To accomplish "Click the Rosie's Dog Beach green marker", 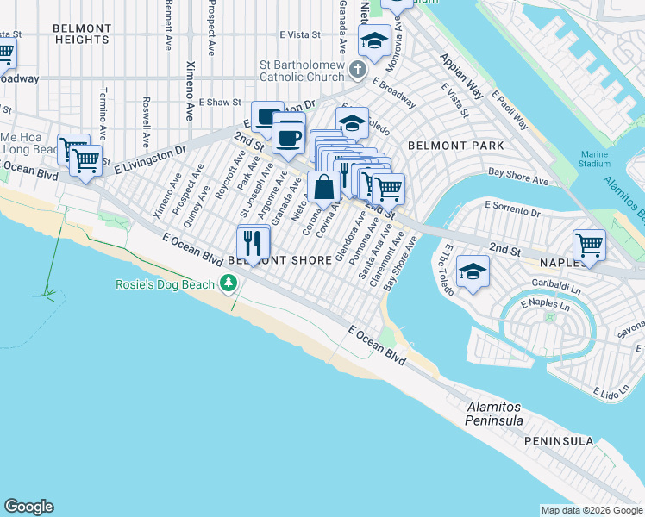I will [x=229, y=283].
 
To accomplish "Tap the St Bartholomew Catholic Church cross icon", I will [x=358, y=68].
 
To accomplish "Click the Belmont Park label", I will [x=456, y=146].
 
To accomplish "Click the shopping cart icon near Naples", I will [x=589, y=244].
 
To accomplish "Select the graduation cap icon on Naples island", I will [x=472, y=272].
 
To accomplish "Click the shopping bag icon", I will [x=323, y=186].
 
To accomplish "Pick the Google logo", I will [x=28, y=507].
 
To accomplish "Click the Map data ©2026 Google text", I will [x=591, y=510].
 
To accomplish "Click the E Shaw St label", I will [x=219, y=102].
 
